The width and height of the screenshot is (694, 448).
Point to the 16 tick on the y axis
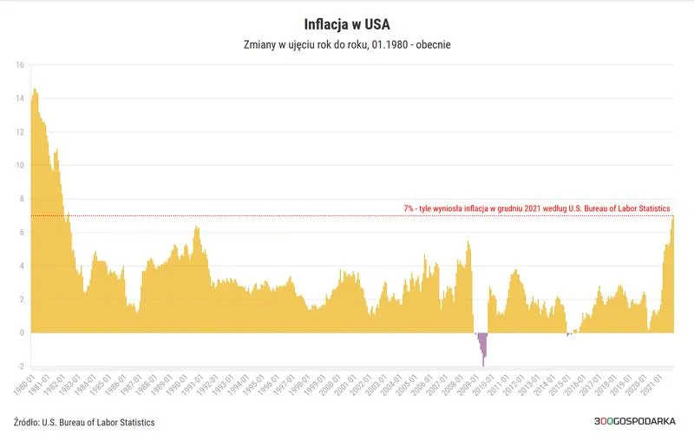pyautogui.click(x=20, y=65)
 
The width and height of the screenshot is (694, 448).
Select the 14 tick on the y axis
pyautogui.click(x=20, y=99)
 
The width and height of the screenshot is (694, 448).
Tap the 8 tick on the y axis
pyautogui.click(x=22, y=199)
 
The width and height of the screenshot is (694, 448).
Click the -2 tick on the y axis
pyautogui.click(x=20, y=366)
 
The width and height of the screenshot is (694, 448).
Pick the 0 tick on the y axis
pyautogui.click(x=22, y=333)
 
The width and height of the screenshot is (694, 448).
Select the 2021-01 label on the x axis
pyautogui.click(x=658, y=385)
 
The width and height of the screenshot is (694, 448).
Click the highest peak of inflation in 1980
pyautogui.click(x=36, y=90)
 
